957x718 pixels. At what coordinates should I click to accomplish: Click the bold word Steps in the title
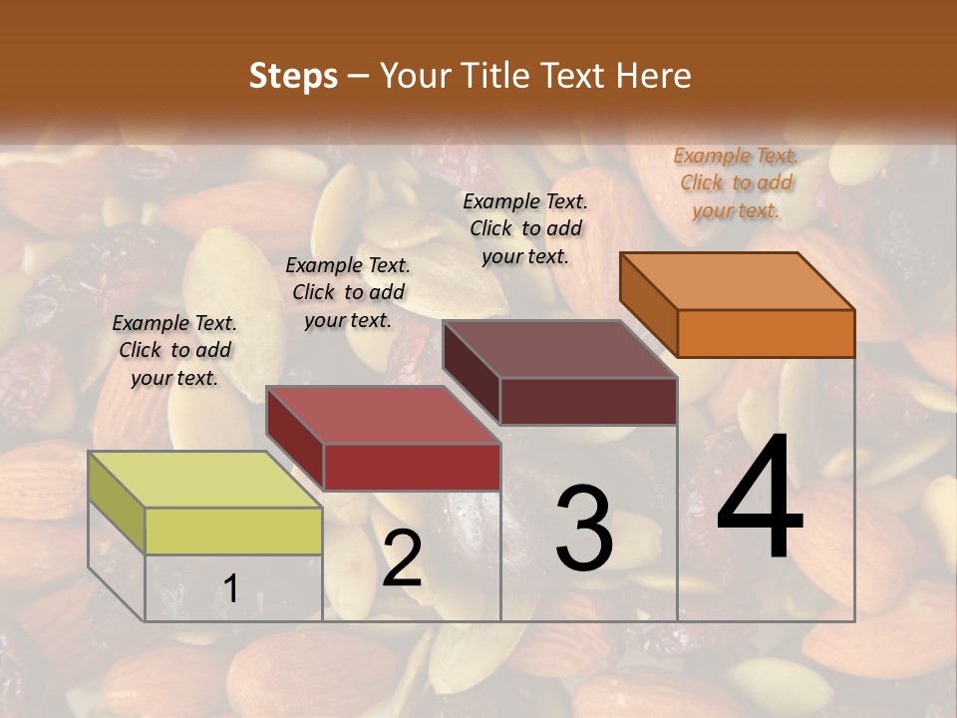(x=293, y=76)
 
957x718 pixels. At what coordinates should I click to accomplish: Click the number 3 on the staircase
(x=583, y=528)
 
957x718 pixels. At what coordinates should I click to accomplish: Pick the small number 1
(x=231, y=588)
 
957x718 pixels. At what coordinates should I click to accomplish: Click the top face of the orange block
(x=738, y=280)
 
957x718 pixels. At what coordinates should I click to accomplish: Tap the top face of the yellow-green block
(x=205, y=480)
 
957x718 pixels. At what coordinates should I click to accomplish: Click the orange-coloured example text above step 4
(x=736, y=182)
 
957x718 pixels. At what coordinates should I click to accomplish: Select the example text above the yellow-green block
(x=174, y=350)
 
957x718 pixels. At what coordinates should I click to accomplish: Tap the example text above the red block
(x=348, y=292)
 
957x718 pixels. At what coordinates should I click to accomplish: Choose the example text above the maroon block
(x=525, y=228)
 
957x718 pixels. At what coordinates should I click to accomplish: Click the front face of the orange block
(x=766, y=333)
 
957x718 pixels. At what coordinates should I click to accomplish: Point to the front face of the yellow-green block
(x=233, y=531)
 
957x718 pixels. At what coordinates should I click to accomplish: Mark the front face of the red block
(x=412, y=467)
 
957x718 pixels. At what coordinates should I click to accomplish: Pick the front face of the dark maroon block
(x=588, y=401)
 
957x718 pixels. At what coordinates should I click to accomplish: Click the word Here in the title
(x=654, y=76)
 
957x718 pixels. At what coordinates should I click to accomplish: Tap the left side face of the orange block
(x=648, y=304)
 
